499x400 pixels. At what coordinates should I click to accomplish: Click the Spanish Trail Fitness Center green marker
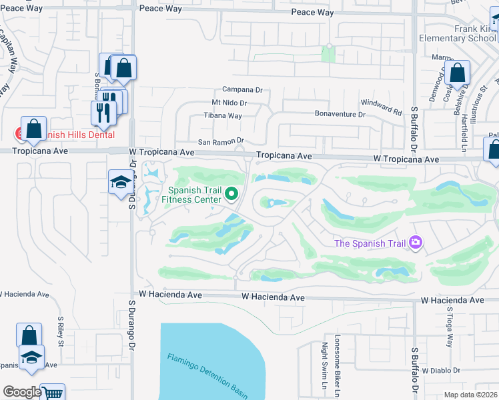pos(232,194)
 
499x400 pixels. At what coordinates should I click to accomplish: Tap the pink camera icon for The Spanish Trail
pos(416,242)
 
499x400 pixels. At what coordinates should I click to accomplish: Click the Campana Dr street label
pos(242,89)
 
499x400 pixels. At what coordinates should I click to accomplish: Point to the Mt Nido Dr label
pos(229,103)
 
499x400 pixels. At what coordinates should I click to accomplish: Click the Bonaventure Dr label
pos(341,114)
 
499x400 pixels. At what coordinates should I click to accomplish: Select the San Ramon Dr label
pos(221,141)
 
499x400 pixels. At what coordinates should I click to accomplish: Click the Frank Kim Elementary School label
pos(458,34)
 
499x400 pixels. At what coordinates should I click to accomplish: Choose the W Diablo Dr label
pos(441,370)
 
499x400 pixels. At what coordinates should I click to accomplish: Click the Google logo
pos(22,392)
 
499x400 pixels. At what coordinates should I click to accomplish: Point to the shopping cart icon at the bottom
pos(52,392)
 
